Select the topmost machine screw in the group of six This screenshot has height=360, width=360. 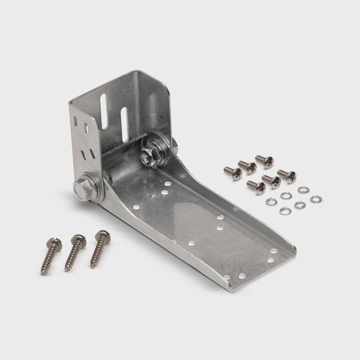point(264,161)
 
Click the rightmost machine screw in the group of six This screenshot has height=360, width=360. point(286,176)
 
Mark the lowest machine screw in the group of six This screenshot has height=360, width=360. point(257,187)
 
